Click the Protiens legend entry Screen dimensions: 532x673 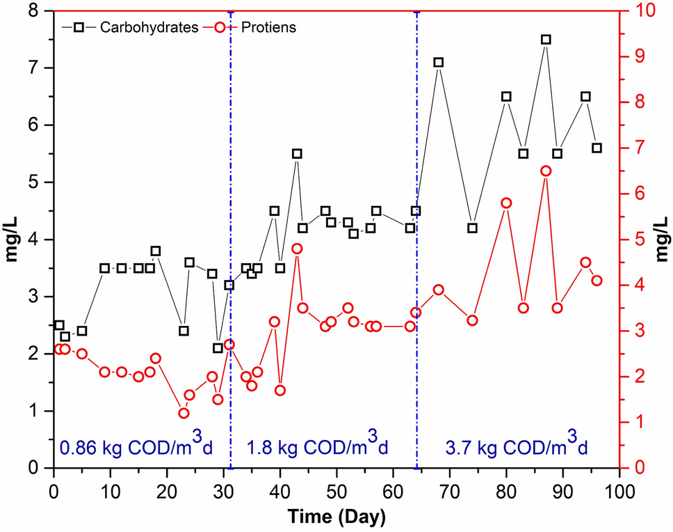pos(267,27)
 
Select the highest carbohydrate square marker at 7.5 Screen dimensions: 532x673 pos(546,40)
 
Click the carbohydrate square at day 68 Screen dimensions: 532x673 pos(438,62)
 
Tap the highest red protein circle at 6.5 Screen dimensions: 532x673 pos(546,171)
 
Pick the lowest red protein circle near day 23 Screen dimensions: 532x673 pos(184,413)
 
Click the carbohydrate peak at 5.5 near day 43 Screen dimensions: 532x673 pos(297,153)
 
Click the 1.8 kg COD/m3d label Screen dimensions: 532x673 pos(317,446)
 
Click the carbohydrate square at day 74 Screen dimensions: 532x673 pos(472,228)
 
